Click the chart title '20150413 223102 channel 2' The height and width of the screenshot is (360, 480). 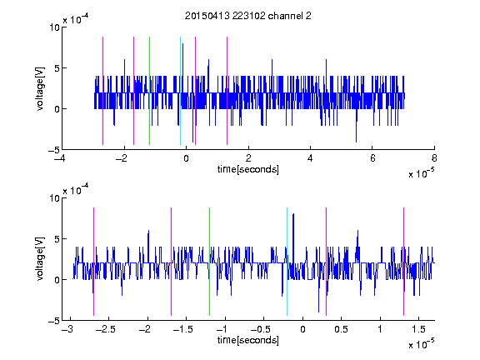pyautogui.click(x=248, y=16)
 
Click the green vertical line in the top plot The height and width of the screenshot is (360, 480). pyautogui.click(x=149, y=91)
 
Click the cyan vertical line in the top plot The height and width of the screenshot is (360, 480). pyautogui.click(x=180, y=91)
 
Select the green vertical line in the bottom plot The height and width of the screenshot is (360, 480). pyautogui.click(x=209, y=262)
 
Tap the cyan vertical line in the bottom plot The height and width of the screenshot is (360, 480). pyautogui.click(x=287, y=262)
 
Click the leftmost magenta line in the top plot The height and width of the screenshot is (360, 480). pyautogui.click(x=102, y=91)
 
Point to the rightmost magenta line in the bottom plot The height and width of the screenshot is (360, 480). pyautogui.click(x=403, y=262)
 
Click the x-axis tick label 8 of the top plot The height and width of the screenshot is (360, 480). pyautogui.click(x=434, y=158)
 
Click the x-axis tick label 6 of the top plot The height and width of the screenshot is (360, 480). pyautogui.click(x=372, y=158)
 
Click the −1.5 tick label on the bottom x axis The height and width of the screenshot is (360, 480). pyautogui.click(x=185, y=329)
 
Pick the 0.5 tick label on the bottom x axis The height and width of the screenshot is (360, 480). pyautogui.click(x=342, y=329)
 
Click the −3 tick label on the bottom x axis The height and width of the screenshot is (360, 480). pyautogui.click(x=68, y=329)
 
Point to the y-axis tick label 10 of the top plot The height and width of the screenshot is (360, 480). pyautogui.click(x=54, y=27)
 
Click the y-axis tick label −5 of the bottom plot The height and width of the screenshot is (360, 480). pyautogui.click(x=54, y=321)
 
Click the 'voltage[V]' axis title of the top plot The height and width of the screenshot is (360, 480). pyautogui.click(x=40, y=89)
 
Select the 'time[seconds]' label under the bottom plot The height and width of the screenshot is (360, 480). pyautogui.click(x=248, y=340)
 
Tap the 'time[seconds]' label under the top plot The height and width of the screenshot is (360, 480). pyautogui.click(x=248, y=169)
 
